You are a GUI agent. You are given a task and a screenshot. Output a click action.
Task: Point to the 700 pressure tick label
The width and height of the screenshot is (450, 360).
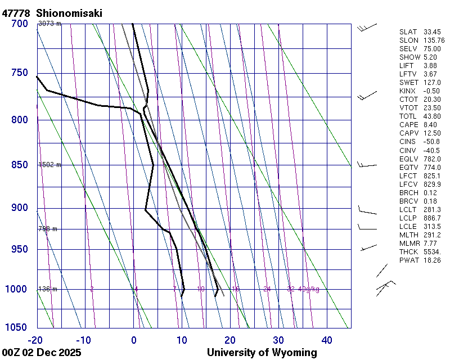(x=19, y=24)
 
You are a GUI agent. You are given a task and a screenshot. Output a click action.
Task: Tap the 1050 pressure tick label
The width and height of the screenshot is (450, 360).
(x=17, y=327)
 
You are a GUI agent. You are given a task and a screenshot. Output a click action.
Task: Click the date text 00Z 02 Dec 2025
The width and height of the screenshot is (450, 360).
(x=41, y=353)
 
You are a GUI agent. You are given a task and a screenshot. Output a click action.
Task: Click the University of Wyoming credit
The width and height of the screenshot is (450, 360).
(x=262, y=353)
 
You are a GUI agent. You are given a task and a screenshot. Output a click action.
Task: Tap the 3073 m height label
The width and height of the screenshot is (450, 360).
(x=49, y=23)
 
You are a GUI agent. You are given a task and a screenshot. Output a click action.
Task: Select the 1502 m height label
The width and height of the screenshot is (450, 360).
(x=49, y=165)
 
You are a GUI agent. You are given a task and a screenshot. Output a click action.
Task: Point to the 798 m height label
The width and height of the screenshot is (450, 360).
(x=48, y=229)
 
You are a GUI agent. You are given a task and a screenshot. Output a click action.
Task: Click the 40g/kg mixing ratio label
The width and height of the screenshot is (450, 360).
(x=309, y=289)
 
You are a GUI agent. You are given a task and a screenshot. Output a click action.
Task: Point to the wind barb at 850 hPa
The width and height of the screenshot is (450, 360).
(x=367, y=165)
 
